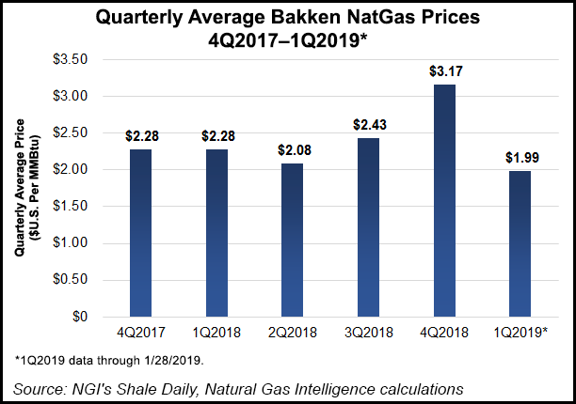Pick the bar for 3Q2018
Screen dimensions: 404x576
point(369,227)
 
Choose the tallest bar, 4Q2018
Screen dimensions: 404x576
point(445,200)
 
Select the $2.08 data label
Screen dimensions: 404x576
point(293,148)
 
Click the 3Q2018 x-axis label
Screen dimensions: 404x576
point(369,334)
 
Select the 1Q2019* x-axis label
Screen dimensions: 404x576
point(522,334)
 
